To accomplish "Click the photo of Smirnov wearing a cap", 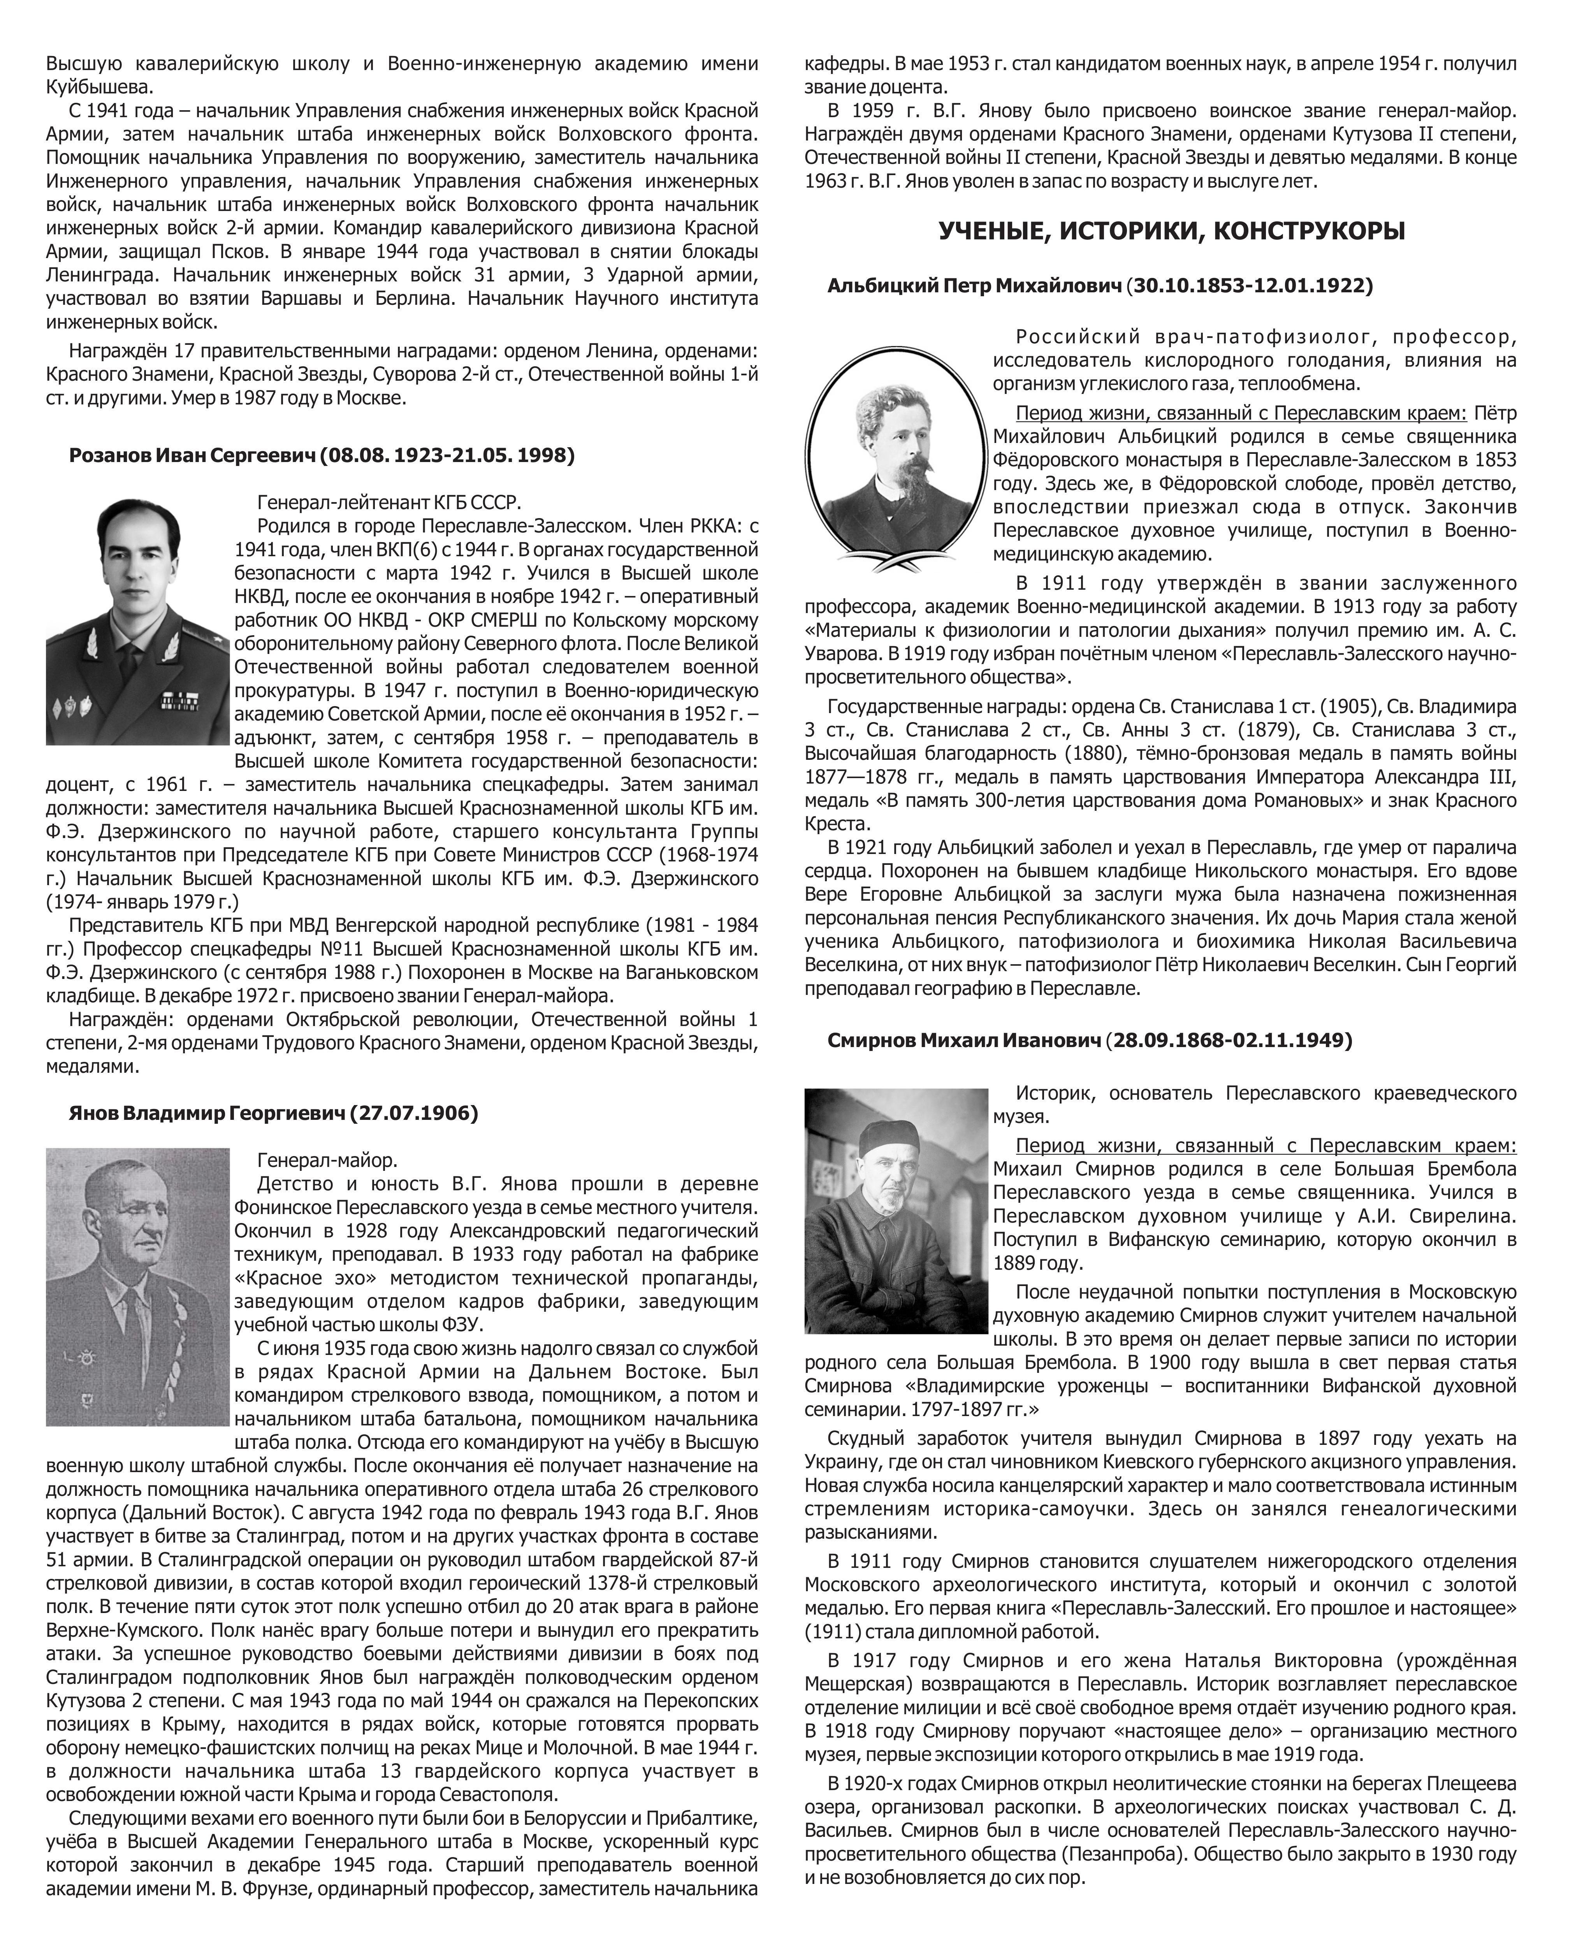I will click(x=895, y=1211).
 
